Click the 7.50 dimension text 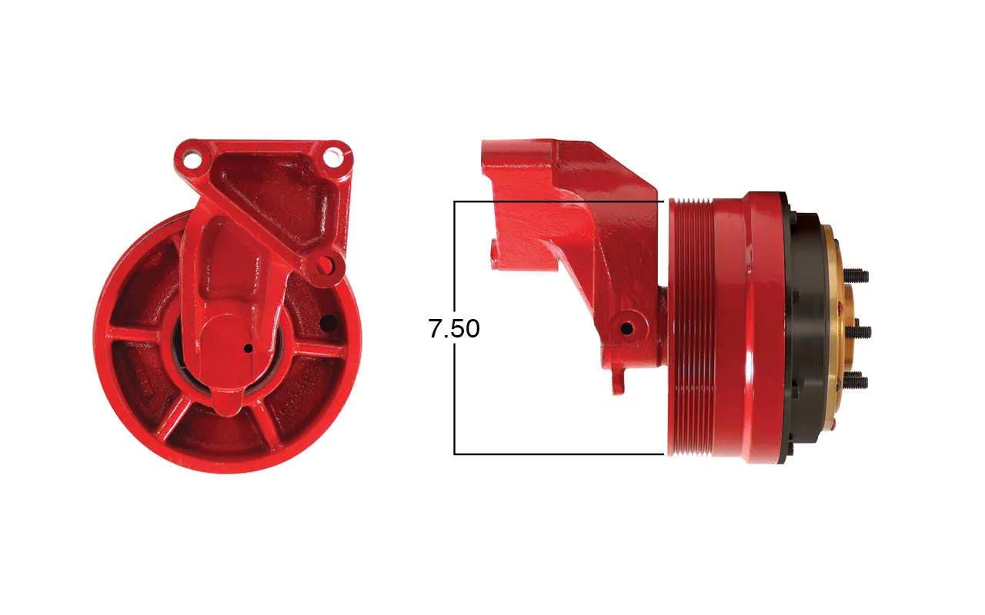(x=454, y=328)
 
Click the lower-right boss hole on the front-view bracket (x=325, y=264)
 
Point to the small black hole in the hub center (x=248, y=349)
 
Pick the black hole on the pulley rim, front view (x=328, y=324)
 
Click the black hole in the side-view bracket (x=626, y=328)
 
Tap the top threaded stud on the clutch (x=855, y=276)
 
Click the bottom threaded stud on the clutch (x=855, y=381)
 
